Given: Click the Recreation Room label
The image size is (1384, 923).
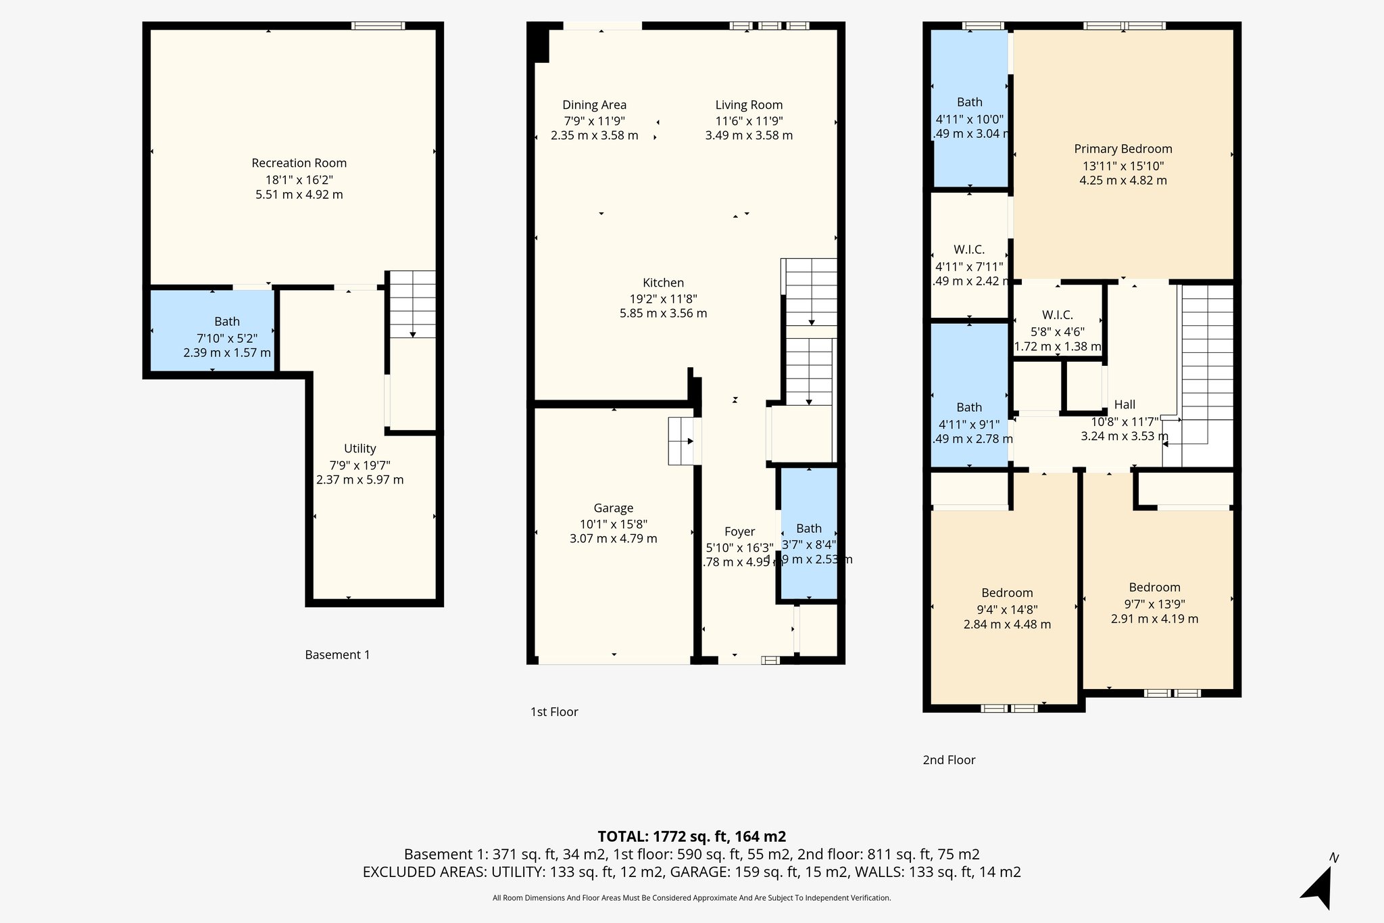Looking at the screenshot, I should click(299, 163).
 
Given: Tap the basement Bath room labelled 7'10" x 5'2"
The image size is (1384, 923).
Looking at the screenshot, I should click(227, 322).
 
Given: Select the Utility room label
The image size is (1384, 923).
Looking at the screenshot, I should click(360, 448).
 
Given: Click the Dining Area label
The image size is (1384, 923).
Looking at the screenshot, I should click(594, 105).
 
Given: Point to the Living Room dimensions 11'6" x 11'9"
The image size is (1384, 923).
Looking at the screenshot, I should click(749, 121).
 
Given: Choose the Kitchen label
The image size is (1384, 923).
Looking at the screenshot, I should click(663, 283).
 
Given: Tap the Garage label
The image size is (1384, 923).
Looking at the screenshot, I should click(613, 508).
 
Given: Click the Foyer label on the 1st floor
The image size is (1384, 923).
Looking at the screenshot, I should click(739, 531).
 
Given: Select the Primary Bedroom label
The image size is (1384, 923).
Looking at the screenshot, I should click(1122, 149).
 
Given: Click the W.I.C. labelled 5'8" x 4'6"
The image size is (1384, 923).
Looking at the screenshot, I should click(1057, 315).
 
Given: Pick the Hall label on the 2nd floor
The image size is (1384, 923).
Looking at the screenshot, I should click(1124, 404).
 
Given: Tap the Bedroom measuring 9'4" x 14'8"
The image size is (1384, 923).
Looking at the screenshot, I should click(1007, 593).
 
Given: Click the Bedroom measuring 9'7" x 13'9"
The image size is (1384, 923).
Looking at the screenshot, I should click(1154, 588).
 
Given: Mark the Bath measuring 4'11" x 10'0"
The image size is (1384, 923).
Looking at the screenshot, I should click(969, 102).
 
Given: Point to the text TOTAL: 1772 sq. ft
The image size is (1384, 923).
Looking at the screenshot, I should click(691, 836).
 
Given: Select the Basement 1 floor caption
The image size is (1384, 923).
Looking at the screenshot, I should click(337, 655).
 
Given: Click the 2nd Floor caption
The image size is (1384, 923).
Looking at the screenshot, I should click(949, 760).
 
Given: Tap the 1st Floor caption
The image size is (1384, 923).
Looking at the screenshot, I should click(554, 711).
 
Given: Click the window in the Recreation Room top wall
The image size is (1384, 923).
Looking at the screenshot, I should click(378, 26).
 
